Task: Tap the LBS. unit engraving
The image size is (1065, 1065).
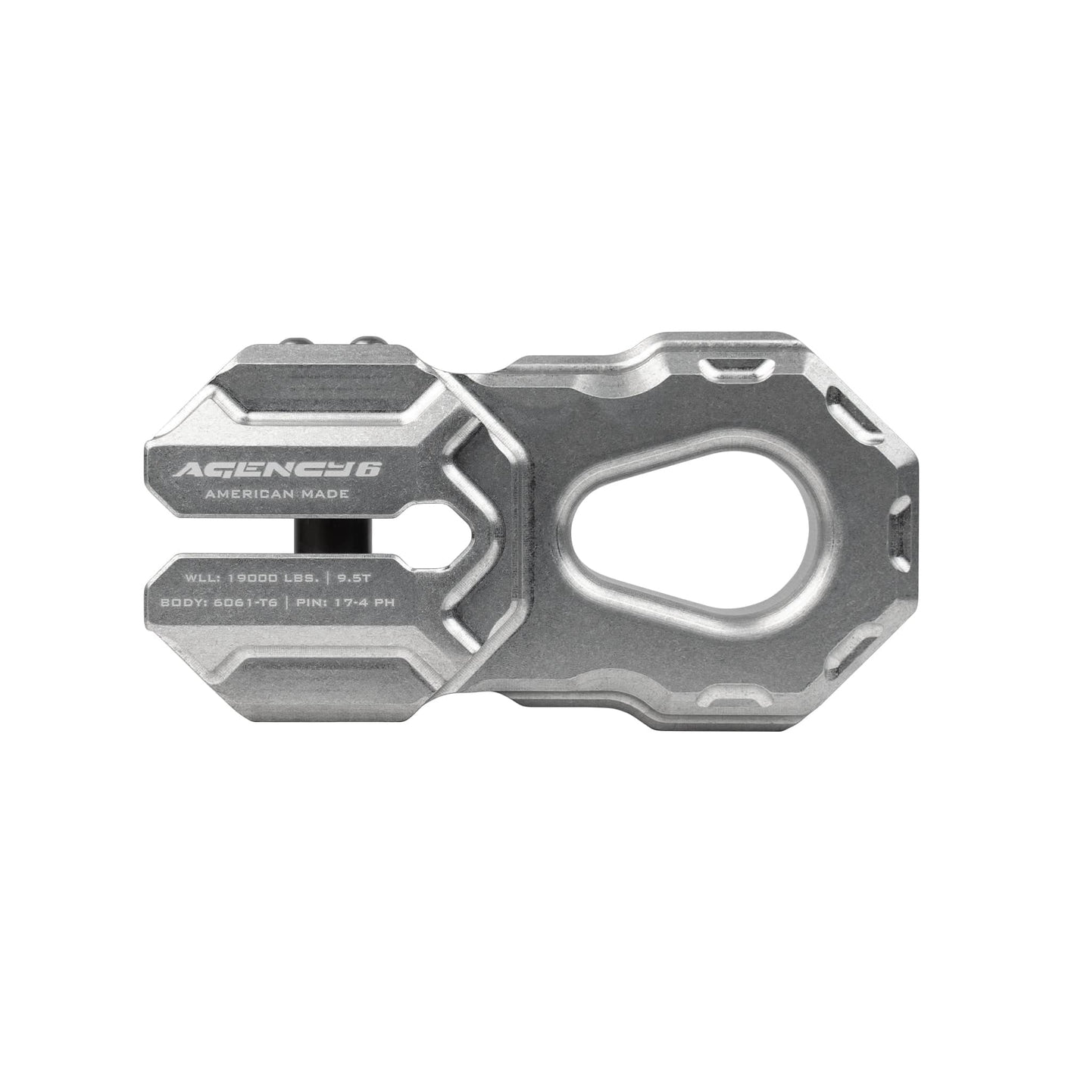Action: (305, 578)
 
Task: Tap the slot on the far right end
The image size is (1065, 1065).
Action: (901, 526)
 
